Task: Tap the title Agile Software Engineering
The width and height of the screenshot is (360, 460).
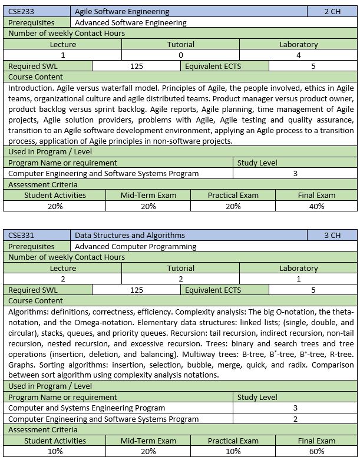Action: pyautogui.click(x=122, y=11)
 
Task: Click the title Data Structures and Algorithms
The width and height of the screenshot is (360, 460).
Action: pyautogui.click(x=130, y=236)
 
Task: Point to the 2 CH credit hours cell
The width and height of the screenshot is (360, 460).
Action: pyautogui.click(x=332, y=11)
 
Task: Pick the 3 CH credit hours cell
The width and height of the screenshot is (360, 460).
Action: pyautogui.click(x=332, y=236)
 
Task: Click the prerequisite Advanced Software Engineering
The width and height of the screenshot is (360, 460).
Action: pyautogui.click(x=130, y=22)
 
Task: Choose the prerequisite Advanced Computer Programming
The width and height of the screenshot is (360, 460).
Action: pyautogui.click(x=136, y=246)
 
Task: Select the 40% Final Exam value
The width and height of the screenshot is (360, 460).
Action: pyautogui.click(x=316, y=206)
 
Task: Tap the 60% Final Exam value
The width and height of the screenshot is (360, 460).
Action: pyautogui.click(x=316, y=451)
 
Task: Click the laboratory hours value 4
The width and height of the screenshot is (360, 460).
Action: pyautogui.click(x=298, y=55)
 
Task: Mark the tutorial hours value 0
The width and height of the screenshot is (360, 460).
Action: pyautogui.click(x=180, y=55)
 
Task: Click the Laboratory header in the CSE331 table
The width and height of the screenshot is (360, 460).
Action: pyautogui.click(x=298, y=268)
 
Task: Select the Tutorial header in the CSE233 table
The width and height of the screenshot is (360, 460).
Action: pyautogui.click(x=180, y=44)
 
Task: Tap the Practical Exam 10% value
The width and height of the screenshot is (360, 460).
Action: pyautogui.click(x=233, y=451)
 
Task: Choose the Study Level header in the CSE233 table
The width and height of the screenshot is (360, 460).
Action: pyautogui.click(x=257, y=163)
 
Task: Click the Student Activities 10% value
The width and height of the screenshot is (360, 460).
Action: pyautogui.click(x=55, y=451)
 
